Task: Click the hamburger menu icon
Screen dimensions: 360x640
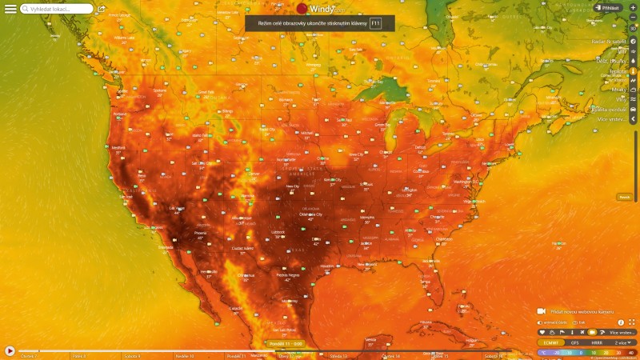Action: (x=10, y=9)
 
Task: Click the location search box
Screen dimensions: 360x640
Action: (x=56, y=9)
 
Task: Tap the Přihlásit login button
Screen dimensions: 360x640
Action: (x=608, y=8)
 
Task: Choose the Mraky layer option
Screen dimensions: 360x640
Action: (x=619, y=90)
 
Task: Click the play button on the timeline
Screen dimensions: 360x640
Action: (x=10, y=350)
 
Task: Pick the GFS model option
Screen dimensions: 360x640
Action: (x=574, y=342)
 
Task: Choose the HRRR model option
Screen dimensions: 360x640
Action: (x=597, y=342)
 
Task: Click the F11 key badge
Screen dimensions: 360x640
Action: (x=376, y=24)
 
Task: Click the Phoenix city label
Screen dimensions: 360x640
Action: (x=200, y=233)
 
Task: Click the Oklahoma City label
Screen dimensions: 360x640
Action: (x=310, y=214)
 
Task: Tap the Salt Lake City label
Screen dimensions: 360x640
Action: (x=200, y=162)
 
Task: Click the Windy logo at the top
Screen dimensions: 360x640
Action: (x=320, y=8)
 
